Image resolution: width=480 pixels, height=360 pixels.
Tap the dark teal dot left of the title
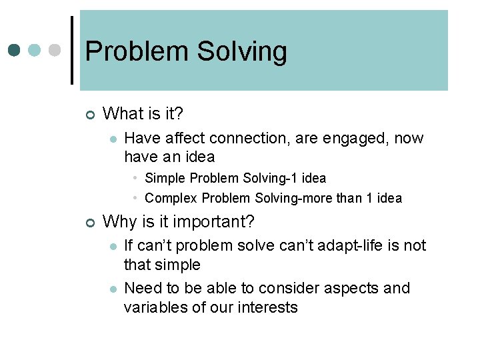pyautogui.click(x=15, y=50)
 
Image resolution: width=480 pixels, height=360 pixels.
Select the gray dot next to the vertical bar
pyautogui.click(x=56, y=50)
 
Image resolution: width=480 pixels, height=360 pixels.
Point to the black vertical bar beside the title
pyautogui.click(x=72, y=50)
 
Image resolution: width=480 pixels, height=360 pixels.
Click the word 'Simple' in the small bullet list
pyautogui.click(x=165, y=178)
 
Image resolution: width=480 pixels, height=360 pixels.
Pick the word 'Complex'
pyautogui.click(x=171, y=198)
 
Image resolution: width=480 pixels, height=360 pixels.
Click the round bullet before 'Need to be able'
pyautogui.click(x=113, y=289)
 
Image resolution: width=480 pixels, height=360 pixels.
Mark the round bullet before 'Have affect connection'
pyautogui.click(x=113, y=139)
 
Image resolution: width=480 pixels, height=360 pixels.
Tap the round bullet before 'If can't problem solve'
pyautogui.click(x=113, y=246)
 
